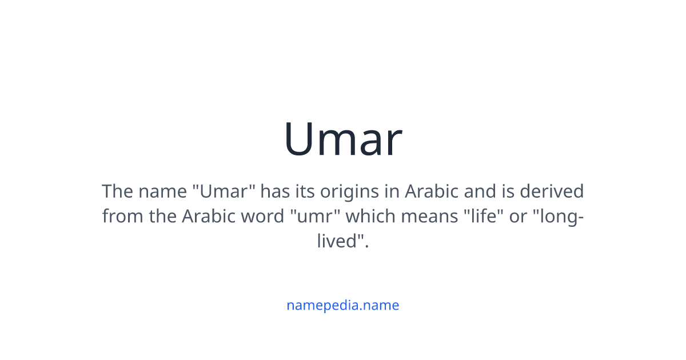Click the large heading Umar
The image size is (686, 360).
[x=343, y=139]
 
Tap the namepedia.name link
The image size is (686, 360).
[x=343, y=305]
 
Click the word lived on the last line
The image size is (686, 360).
[x=340, y=241]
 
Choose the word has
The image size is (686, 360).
[x=275, y=191]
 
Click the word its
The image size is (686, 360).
[x=304, y=191]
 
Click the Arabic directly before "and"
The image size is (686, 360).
[x=431, y=191]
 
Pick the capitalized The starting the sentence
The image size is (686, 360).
[x=117, y=191]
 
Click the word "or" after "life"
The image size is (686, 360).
[x=518, y=216]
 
